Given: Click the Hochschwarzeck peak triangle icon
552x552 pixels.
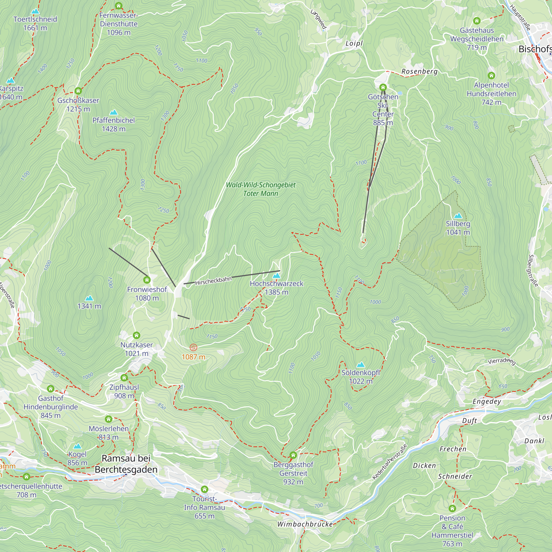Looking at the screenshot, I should pyautogui.click(x=276, y=276).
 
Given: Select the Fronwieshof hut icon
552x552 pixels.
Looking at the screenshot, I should pyautogui.click(x=147, y=280).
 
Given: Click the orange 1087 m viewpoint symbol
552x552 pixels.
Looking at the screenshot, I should pyautogui.click(x=193, y=347).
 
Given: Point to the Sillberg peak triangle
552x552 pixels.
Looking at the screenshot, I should pyautogui.click(x=458, y=216).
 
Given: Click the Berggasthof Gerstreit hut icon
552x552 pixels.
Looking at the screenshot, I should pyautogui.click(x=293, y=455).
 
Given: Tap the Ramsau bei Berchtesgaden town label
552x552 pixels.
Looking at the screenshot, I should pyautogui.click(x=126, y=464).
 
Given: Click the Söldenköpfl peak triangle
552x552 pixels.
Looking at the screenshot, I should pyautogui.click(x=361, y=365).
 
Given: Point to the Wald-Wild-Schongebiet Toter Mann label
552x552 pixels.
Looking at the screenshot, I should pyautogui.click(x=261, y=189).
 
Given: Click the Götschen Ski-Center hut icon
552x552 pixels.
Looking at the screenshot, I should pyautogui.click(x=383, y=87).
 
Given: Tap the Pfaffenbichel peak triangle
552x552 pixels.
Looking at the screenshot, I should pyautogui.click(x=114, y=112).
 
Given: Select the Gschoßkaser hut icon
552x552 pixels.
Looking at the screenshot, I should pyautogui.click(x=78, y=91).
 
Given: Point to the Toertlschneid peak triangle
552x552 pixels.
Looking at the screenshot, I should pyautogui.click(x=35, y=11).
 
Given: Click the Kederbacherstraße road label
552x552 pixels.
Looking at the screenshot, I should pyautogui.click(x=389, y=462).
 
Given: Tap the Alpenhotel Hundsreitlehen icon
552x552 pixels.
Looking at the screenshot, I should pyautogui.click(x=491, y=76).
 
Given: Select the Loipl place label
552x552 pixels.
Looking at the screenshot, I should pyautogui.click(x=354, y=43).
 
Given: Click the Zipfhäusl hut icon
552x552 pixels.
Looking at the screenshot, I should pyautogui.click(x=124, y=378).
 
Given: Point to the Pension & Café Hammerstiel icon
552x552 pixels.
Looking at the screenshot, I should pyautogui.click(x=452, y=509).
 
